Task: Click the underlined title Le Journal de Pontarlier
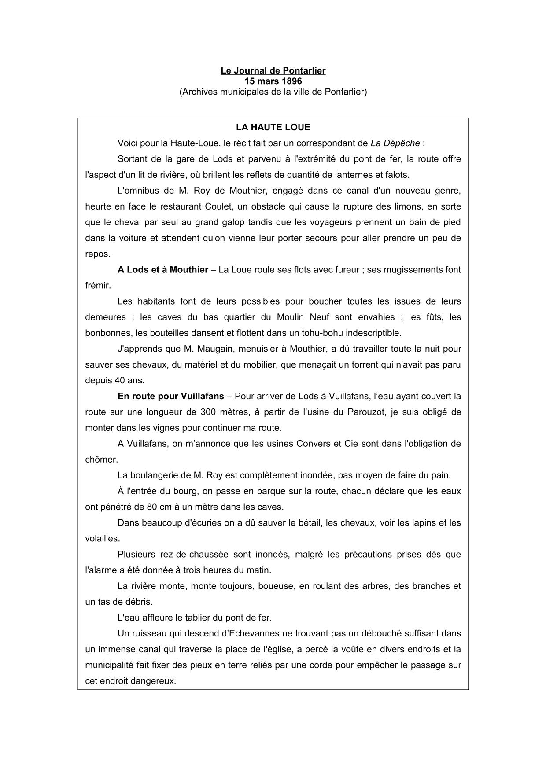(273, 70)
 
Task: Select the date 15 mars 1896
(273, 81)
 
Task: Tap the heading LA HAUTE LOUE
(273, 127)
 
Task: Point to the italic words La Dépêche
(395, 143)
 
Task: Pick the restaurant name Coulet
(221, 206)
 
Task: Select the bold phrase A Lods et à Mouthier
(163, 269)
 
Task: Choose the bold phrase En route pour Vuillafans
(171, 396)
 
